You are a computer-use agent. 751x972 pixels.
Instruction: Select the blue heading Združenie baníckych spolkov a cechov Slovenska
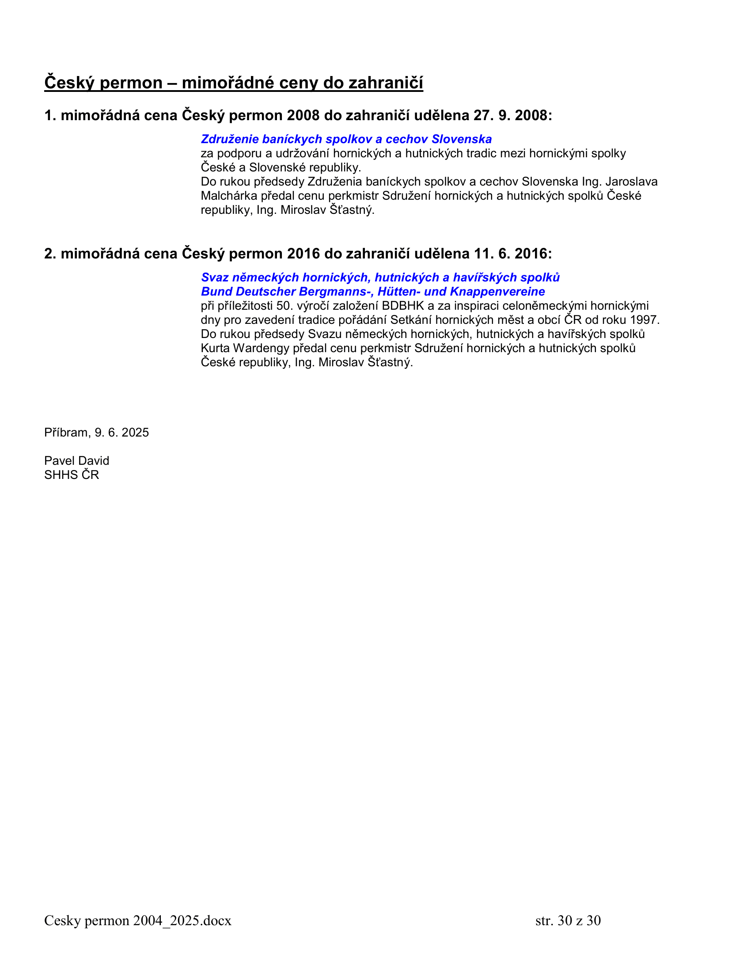point(346,139)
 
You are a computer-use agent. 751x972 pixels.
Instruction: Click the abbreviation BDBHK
point(403,306)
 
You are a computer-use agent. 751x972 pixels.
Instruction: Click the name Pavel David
point(76,461)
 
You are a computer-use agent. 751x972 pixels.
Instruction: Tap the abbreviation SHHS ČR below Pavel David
point(72,475)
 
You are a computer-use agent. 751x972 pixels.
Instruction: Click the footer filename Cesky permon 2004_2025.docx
point(138,920)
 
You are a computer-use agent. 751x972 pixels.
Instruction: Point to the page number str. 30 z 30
point(568,920)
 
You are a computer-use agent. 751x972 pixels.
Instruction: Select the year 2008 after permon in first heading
point(303,116)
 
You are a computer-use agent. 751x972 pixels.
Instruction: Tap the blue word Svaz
point(215,277)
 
